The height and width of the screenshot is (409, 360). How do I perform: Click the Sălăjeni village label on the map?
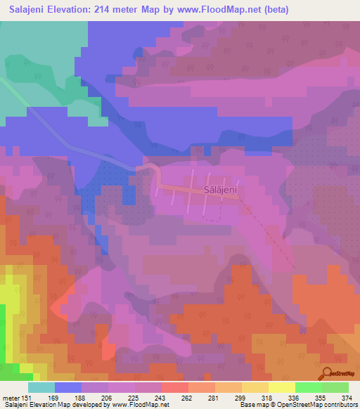[x=222, y=189]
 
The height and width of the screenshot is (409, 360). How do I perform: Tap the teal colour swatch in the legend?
[x=41, y=387]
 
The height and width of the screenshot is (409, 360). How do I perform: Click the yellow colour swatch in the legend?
[x=281, y=387]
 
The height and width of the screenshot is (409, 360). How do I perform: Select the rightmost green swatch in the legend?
[x=335, y=387]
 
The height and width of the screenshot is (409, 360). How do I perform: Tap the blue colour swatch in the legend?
[x=67, y=387]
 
